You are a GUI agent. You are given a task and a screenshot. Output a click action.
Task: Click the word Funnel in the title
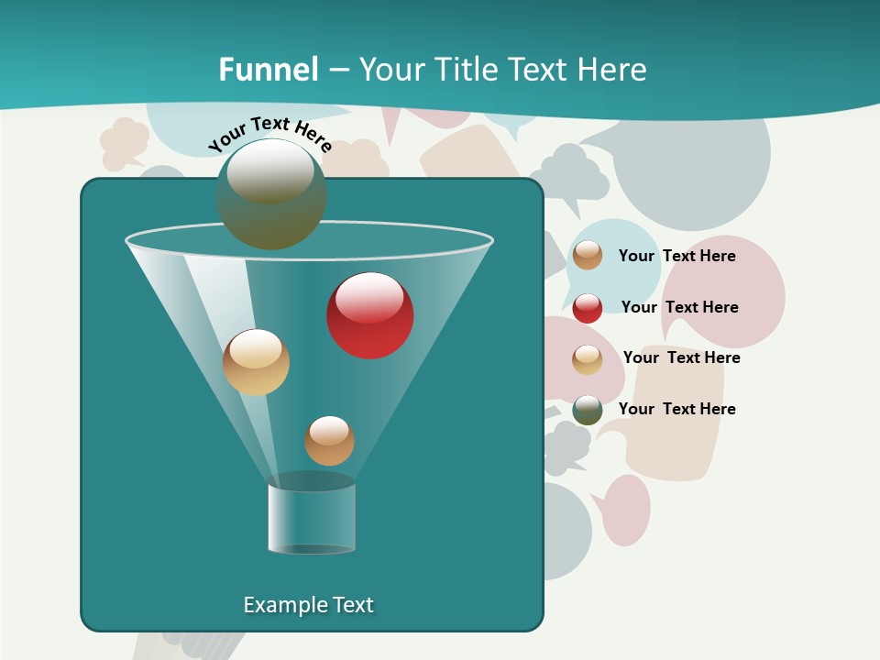(268, 70)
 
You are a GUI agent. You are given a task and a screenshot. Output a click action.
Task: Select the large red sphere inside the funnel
(369, 315)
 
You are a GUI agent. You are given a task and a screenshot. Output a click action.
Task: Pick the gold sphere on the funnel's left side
(256, 362)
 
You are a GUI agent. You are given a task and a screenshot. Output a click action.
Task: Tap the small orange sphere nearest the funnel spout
(329, 441)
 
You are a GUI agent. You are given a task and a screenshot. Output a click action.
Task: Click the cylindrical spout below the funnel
(312, 519)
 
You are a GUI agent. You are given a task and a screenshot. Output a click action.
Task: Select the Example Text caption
(308, 605)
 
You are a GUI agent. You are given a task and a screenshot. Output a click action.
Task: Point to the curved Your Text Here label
(269, 135)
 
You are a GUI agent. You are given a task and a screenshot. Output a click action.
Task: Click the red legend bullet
(588, 308)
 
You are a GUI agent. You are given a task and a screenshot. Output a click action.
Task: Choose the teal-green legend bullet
(588, 410)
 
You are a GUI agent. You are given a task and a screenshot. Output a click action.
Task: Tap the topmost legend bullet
(588, 256)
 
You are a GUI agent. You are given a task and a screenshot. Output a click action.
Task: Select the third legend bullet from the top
(588, 359)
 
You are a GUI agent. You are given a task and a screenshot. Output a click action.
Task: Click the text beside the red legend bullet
(679, 307)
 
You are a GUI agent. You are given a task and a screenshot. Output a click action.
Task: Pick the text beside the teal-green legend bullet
(676, 409)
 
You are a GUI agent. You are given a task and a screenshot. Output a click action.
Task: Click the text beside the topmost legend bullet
(676, 256)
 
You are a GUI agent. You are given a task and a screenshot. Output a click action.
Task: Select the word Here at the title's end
(613, 70)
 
